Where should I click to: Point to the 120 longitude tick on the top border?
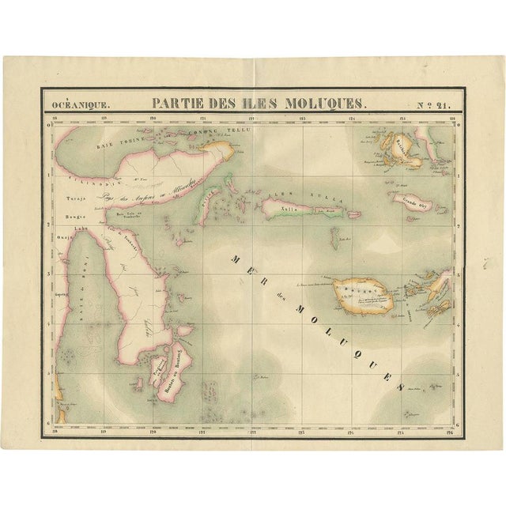(153, 119)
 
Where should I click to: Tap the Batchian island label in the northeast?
(402, 146)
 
